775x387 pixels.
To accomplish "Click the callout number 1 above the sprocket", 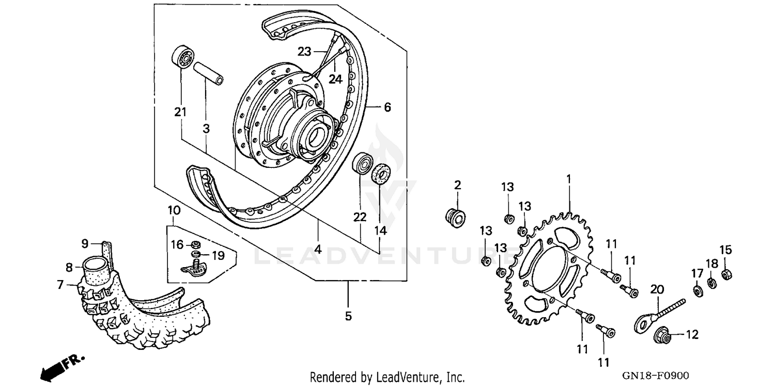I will point(568,179).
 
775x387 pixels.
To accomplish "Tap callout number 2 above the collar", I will point(457,185).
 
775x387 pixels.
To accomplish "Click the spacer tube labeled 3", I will point(209,74).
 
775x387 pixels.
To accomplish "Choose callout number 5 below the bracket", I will point(348,315).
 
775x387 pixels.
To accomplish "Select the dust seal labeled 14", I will point(381,173).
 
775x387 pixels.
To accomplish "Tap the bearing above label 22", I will point(362,163).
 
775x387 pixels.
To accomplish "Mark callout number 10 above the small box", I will point(174,210).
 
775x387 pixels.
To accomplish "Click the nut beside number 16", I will point(196,244).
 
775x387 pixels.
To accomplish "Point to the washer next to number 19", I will point(195,254).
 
